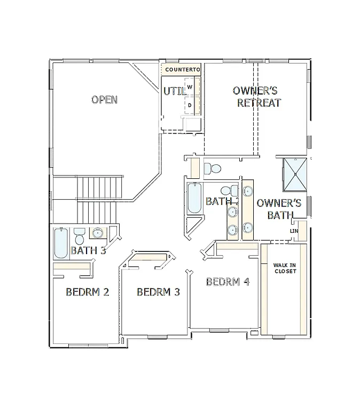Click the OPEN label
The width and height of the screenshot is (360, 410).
point(104,100)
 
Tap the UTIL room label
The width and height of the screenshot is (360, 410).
point(174,91)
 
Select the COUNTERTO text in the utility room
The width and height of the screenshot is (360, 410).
point(182,70)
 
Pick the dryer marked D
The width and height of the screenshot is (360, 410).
point(190,105)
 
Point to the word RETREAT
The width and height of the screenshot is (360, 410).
point(259,103)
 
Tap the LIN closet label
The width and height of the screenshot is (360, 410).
point(293,231)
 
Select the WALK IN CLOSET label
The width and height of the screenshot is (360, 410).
point(285,267)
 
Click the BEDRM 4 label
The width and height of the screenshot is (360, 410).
point(228,282)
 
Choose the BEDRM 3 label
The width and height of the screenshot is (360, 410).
point(158,292)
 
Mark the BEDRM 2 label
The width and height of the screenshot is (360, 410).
point(88,292)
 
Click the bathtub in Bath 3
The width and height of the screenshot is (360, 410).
point(61,243)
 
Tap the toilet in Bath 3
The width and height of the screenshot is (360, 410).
point(80,236)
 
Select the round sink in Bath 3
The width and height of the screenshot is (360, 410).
point(98,233)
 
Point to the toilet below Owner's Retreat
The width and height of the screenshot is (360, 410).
point(213,168)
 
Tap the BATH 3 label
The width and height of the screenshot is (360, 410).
point(88,250)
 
